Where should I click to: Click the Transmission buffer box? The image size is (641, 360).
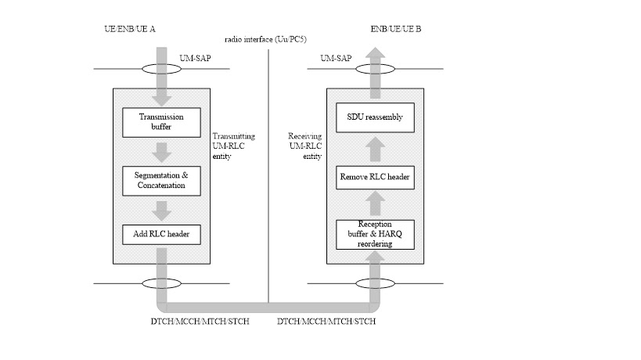click(161, 121)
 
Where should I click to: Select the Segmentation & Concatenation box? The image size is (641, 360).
click(161, 181)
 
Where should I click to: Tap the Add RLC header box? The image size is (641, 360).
click(161, 233)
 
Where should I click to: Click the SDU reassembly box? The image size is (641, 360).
click(374, 117)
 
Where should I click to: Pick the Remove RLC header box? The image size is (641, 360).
click(374, 177)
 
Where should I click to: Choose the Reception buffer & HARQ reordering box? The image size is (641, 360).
click(374, 233)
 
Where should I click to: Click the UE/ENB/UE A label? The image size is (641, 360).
click(130, 30)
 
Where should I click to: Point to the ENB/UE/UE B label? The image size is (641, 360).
click(396, 30)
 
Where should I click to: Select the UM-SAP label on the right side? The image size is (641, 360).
click(336, 57)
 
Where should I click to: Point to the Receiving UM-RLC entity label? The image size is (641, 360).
click(305, 146)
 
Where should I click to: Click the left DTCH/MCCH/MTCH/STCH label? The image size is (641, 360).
click(200, 322)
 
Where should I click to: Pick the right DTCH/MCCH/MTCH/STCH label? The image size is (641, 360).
click(326, 322)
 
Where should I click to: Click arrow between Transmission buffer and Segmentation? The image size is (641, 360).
click(161, 152)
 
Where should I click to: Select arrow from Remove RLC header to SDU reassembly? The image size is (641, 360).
click(374, 148)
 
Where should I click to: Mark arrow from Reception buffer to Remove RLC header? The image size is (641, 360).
click(374, 205)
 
